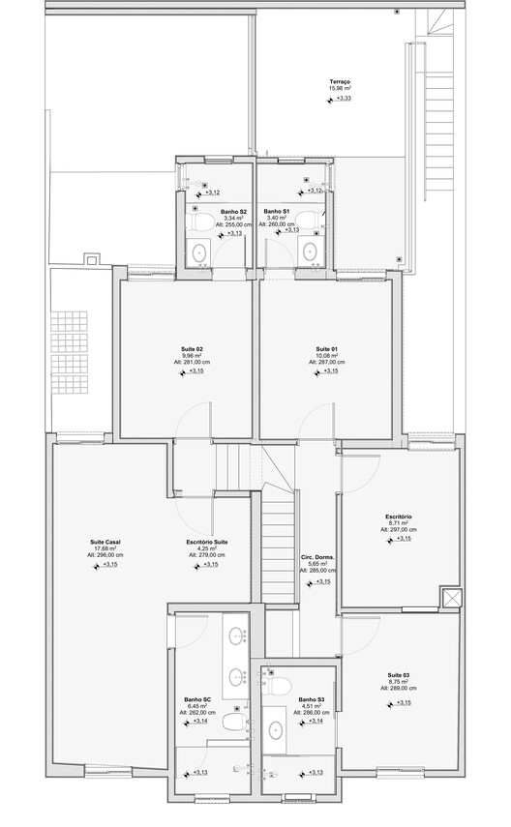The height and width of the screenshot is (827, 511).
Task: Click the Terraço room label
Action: coord(339,82)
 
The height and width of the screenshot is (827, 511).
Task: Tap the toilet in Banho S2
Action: coord(202,222)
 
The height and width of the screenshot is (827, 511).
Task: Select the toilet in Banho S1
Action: coord(309,222)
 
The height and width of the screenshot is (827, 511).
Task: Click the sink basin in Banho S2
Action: coord(200,253)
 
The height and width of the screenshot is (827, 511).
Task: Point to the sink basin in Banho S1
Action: coord(311,253)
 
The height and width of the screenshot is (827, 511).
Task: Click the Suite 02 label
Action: coord(192,348)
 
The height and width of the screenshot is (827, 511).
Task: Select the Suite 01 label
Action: coord(326,348)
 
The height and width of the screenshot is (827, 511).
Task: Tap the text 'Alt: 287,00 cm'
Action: coord(326,362)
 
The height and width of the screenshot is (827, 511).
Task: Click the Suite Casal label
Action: coord(105,542)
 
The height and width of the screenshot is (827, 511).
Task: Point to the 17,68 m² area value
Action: coord(105,548)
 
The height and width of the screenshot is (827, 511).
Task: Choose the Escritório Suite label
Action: coord(207,542)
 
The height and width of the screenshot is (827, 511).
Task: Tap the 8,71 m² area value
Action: coord(399,523)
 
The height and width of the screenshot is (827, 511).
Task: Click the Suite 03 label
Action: coord(398,674)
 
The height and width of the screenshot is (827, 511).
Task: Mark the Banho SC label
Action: coord(198,699)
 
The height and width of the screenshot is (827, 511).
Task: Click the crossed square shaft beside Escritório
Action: coord(450,598)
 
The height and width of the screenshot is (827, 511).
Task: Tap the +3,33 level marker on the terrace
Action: coord(344,99)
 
